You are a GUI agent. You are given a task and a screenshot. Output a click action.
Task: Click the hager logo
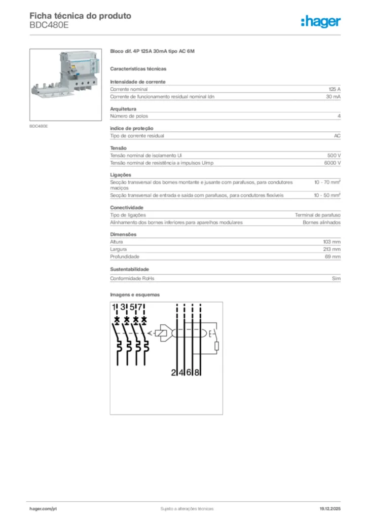click(x=321, y=21)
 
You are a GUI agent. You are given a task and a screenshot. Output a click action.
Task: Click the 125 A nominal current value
click(x=335, y=89)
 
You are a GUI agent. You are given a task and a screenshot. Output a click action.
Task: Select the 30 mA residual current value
click(x=333, y=96)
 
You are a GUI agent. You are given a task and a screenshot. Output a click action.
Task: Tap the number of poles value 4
click(x=339, y=117)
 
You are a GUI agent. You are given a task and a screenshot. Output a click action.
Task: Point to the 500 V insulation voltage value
click(x=334, y=155)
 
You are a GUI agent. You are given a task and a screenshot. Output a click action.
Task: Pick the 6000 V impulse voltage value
click(x=333, y=163)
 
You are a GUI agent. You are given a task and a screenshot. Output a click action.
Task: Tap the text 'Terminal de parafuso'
click(x=318, y=215)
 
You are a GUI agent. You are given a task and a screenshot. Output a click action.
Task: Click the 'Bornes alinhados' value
click(x=322, y=223)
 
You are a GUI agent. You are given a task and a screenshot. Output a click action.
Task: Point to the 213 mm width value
click(x=332, y=249)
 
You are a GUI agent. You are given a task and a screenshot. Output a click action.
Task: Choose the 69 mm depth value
click(x=333, y=257)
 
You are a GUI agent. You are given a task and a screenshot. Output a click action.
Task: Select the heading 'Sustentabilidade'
click(x=129, y=269)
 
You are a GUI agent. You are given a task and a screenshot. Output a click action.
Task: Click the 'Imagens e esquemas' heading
click(x=135, y=294)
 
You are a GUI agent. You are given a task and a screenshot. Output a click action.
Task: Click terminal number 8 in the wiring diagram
click(x=197, y=373)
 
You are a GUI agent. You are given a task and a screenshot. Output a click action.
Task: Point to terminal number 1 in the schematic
click(x=115, y=307)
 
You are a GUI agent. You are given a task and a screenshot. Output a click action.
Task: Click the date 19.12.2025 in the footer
click(x=330, y=508)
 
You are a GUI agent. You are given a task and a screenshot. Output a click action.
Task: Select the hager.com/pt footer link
click(x=43, y=508)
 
